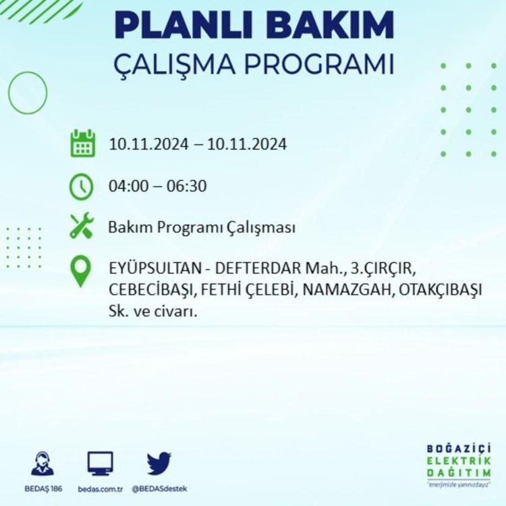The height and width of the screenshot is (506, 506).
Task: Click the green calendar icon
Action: pos(82,143)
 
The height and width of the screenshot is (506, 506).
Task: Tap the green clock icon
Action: pos(82,186)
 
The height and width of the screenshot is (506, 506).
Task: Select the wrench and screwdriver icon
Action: pos(82,225)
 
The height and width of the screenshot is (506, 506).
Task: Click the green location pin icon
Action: pos(81,271)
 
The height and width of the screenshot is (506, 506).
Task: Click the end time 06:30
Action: pos(186,186)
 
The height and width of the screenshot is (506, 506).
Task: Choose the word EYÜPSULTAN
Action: pos(155,269)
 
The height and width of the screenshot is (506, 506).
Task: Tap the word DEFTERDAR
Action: pos(258,269)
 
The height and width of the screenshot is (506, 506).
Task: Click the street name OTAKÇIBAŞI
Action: pos(440,290)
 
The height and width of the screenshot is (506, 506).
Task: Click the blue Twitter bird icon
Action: pos(159,463)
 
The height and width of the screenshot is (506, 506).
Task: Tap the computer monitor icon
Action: pos(101,463)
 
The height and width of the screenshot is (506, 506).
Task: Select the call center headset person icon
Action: pos(43,463)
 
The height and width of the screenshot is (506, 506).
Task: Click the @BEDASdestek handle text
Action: pos(159,489)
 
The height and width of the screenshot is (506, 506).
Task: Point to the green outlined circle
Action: pos(8,92)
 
